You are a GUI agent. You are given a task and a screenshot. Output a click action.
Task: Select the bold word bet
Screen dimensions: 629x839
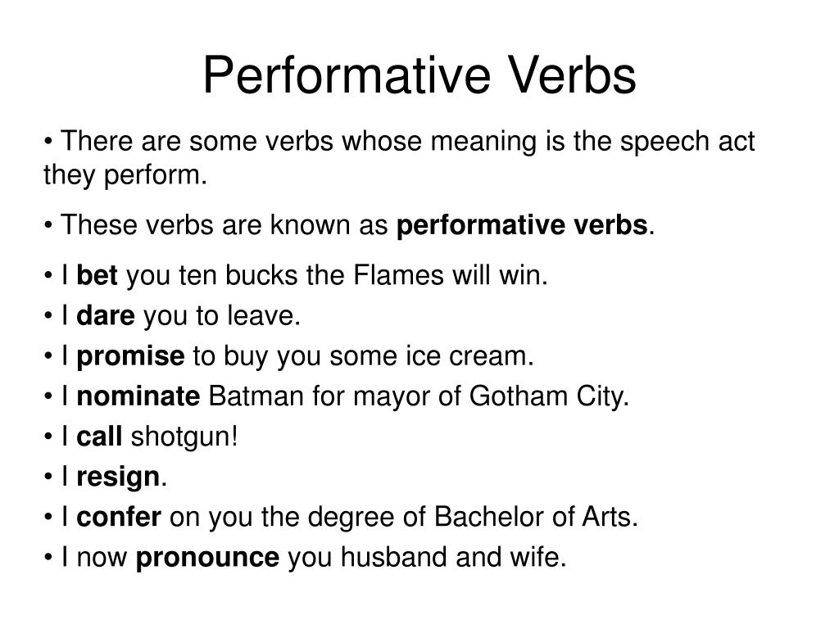click(98, 277)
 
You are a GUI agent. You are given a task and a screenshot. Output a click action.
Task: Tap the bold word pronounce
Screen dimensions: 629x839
click(207, 558)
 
